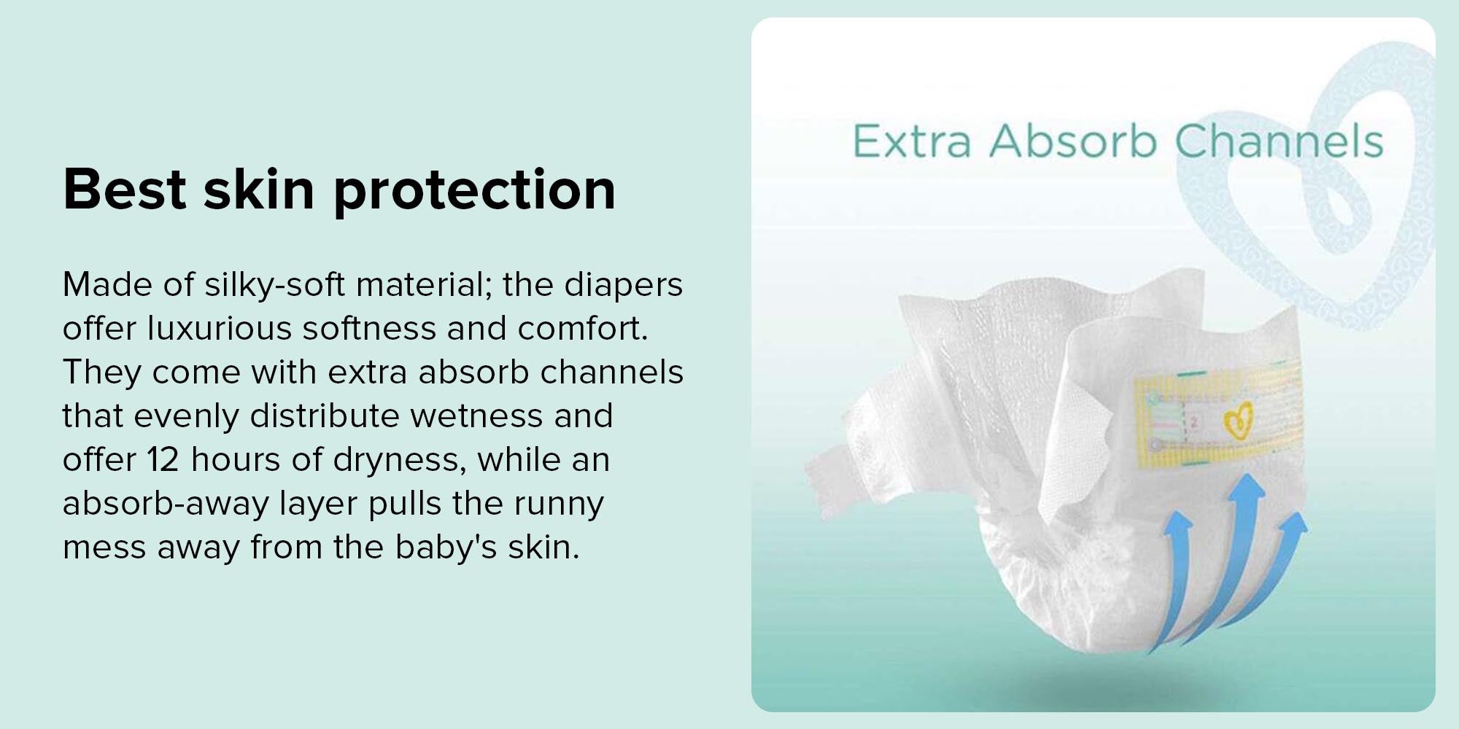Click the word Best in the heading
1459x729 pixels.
[124, 190]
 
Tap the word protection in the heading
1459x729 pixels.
[474, 191]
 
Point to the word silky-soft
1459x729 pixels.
[275, 285]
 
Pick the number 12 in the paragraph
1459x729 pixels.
[163, 460]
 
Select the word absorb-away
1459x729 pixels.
[166, 504]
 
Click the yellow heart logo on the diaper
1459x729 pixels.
[1237, 421]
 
